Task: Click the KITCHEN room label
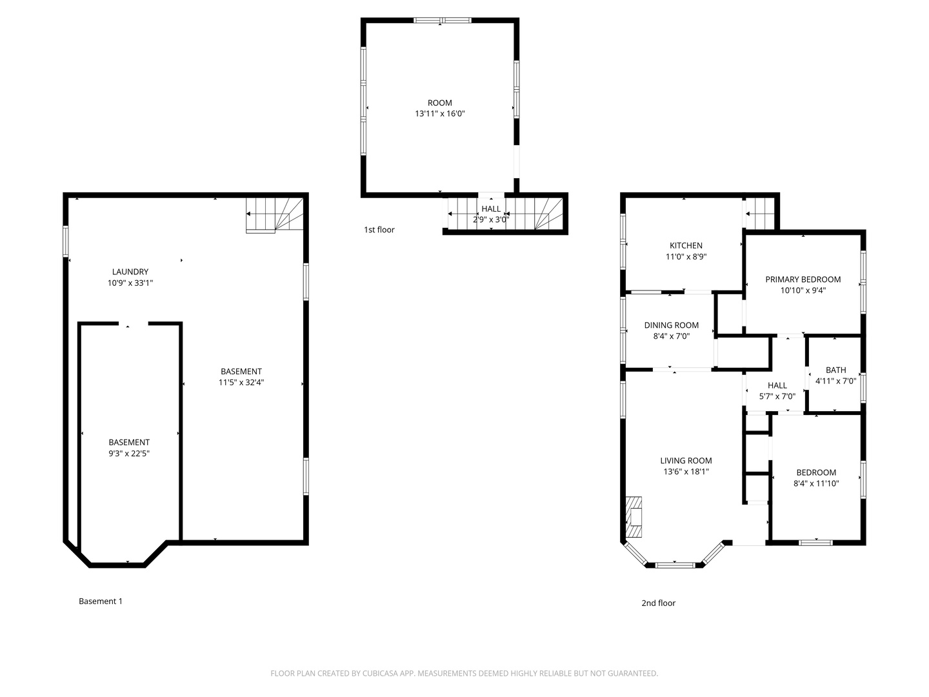pyautogui.click(x=686, y=245)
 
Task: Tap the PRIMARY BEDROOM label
pyautogui.click(x=803, y=279)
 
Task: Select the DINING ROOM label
pyautogui.click(x=671, y=325)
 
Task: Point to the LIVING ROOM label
pyautogui.click(x=686, y=461)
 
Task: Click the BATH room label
pyautogui.click(x=835, y=370)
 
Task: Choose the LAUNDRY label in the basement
pyautogui.click(x=130, y=272)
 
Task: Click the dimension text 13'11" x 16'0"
pyautogui.click(x=440, y=114)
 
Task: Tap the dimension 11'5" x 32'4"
pyautogui.click(x=241, y=382)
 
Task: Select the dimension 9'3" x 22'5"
pyautogui.click(x=129, y=453)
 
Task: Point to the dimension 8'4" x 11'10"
pyautogui.click(x=815, y=483)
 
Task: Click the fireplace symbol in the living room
pyautogui.click(x=634, y=517)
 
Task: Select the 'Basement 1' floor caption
pyautogui.click(x=101, y=601)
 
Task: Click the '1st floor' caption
pyautogui.click(x=379, y=230)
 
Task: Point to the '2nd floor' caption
pyautogui.click(x=658, y=603)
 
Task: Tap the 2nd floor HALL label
pyautogui.click(x=777, y=385)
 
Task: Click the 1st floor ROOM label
pyautogui.click(x=440, y=103)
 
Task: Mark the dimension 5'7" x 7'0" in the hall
pyautogui.click(x=777, y=396)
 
